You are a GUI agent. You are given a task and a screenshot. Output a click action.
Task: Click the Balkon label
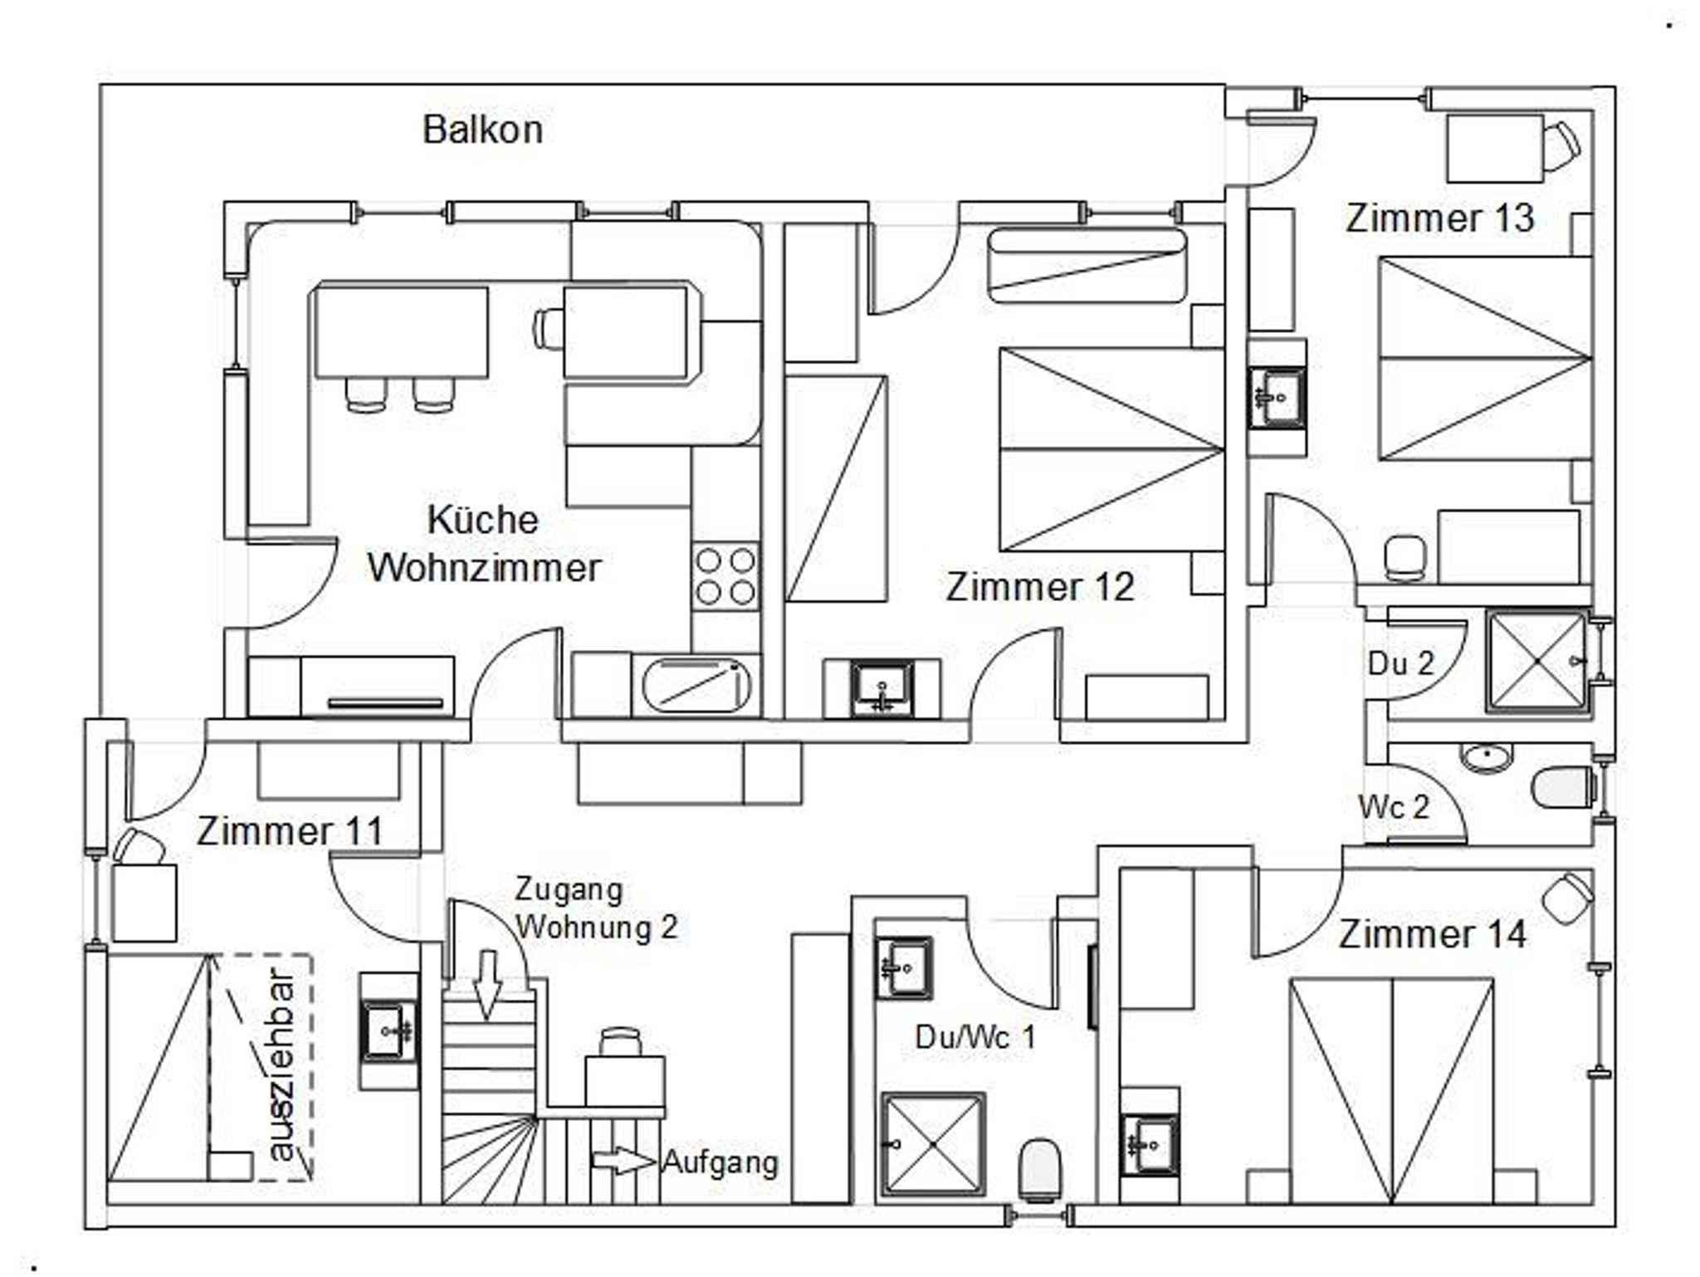pos(482,130)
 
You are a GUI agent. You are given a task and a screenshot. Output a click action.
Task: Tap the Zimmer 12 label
pos(1039,587)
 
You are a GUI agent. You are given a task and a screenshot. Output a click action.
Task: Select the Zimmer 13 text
pos(1439,218)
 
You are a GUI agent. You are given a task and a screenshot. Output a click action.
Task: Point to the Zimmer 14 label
pos(1432,934)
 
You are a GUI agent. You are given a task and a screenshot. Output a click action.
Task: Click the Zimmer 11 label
pos(290,831)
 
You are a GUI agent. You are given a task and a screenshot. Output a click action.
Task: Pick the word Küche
pos(482,520)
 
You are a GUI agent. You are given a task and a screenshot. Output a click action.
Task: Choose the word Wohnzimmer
pos(485,568)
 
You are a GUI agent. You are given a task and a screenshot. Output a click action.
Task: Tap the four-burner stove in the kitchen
pos(725,577)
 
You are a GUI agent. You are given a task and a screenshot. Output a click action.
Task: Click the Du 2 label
pos(1400,663)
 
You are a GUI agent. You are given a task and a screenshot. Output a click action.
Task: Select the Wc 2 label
pos(1394,806)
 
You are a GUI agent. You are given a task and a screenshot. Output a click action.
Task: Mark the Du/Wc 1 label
pos(975,1037)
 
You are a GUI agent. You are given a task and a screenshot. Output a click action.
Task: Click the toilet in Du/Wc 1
pos(1041,1169)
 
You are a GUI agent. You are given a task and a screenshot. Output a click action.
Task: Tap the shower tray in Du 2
pos(1537,661)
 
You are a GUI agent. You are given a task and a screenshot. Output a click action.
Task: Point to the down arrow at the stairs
pos(486,986)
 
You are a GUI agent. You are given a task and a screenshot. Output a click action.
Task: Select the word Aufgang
pos(720,1162)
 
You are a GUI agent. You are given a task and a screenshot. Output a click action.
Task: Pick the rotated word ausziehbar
pos(282,1067)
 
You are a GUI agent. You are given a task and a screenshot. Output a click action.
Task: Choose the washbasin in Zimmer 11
pos(388,1031)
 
